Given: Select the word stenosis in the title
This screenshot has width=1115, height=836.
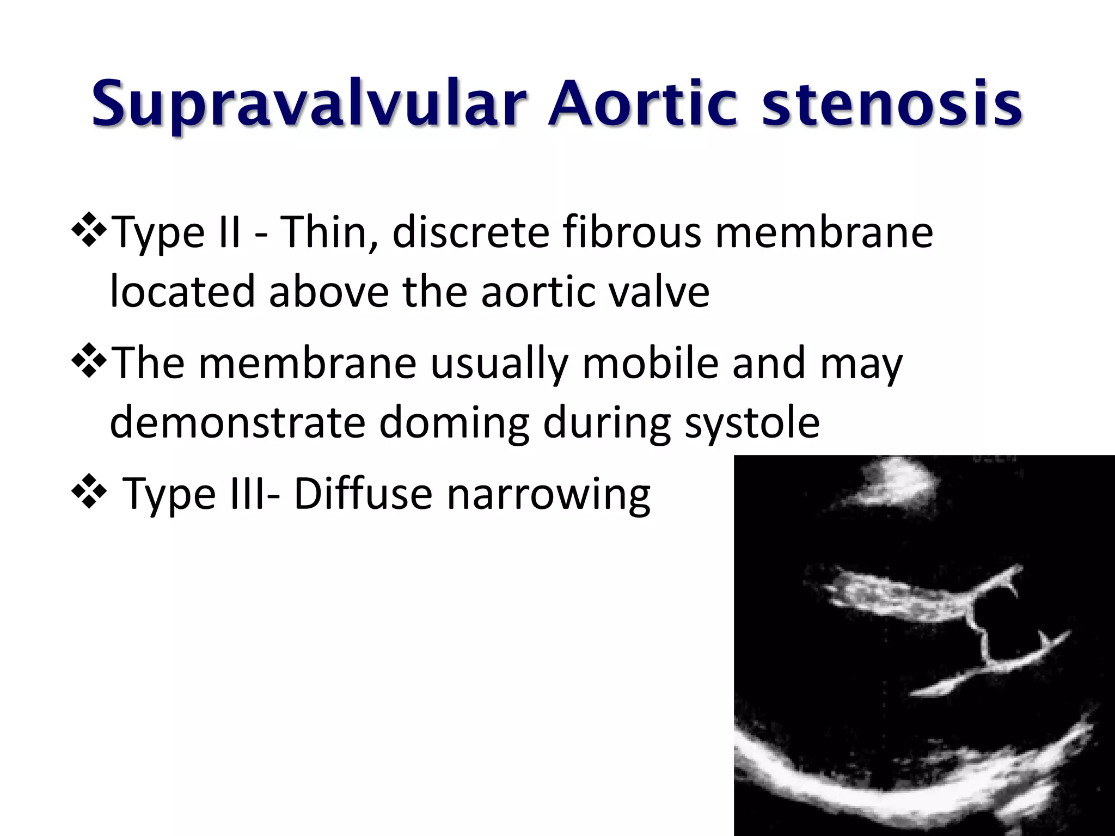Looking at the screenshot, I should pos(891,103).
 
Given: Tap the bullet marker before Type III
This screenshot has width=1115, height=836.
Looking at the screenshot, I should pos(88,493).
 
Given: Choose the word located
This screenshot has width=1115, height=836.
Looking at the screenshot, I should pos(182,292).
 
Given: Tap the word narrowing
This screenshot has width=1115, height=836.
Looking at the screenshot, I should pos(548,495).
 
